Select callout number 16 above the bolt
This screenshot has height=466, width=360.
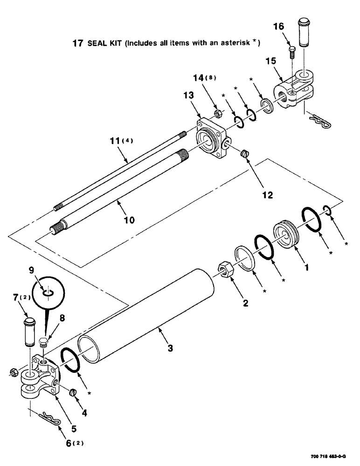[278, 27]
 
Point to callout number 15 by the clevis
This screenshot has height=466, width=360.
[271, 61]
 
